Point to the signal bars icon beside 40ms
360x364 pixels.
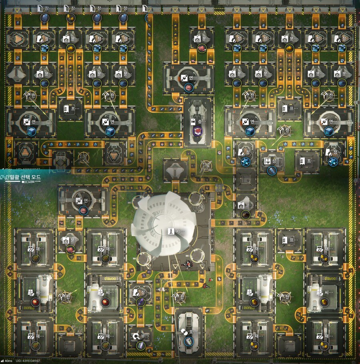[2, 361]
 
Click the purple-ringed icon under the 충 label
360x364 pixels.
[198, 131]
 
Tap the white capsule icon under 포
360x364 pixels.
[190, 341]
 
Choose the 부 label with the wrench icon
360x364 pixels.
[141, 336]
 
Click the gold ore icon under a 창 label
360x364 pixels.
[71, 18]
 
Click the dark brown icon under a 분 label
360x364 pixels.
[245, 215]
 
